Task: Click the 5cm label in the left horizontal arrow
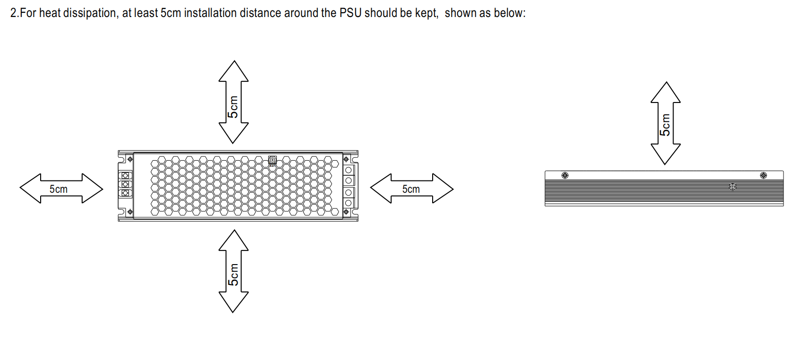pyautogui.click(x=58, y=189)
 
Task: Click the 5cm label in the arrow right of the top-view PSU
pyautogui.click(x=411, y=189)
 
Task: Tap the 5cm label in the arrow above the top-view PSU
pyautogui.click(x=233, y=107)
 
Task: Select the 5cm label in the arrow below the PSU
pyautogui.click(x=233, y=275)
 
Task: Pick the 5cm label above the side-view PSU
pyautogui.click(x=665, y=125)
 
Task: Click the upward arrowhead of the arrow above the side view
pyautogui.click(x=665, y=92)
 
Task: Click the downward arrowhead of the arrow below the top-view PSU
pyautogui.click(x=233, y=302)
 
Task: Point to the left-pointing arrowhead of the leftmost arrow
pyautogui.click(x=30, y=189)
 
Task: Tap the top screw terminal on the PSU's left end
pyautogui.click(x=125, y=175)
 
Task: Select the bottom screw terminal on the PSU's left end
pyautogui.click(x=125, y=193)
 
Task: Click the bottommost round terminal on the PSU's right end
pyautogui.click(x=349, y=203)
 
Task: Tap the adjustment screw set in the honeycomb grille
pyautogui.click(x=273, y=160)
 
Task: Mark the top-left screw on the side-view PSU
pyautogui.click(x=565, y=175)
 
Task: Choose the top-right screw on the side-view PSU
pyautogui.click(x=763, y=175)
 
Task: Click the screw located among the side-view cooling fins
pyautogui.click(x=733, y=187)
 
